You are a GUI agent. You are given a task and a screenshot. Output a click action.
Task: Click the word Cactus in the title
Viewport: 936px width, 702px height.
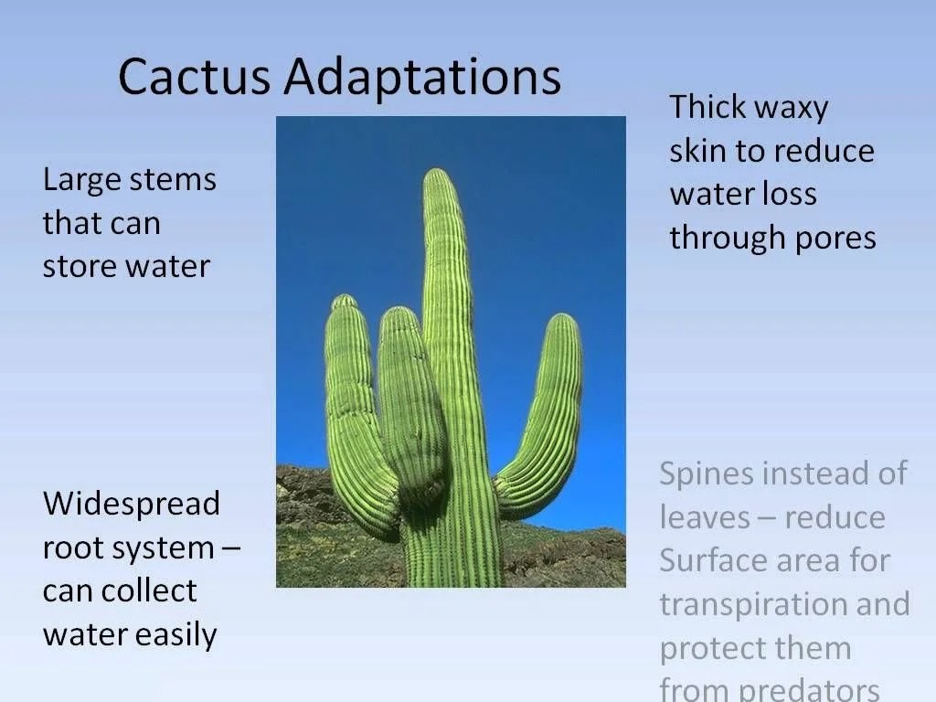(194, 77)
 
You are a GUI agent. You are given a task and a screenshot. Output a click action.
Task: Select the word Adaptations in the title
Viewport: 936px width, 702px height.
(421, 79)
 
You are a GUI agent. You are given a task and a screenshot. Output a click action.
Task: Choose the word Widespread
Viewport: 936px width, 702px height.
(132, 503)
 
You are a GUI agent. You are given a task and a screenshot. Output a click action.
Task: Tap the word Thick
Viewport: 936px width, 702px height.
(710, 107)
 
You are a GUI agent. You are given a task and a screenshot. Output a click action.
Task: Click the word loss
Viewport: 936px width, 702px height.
(791, 194)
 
